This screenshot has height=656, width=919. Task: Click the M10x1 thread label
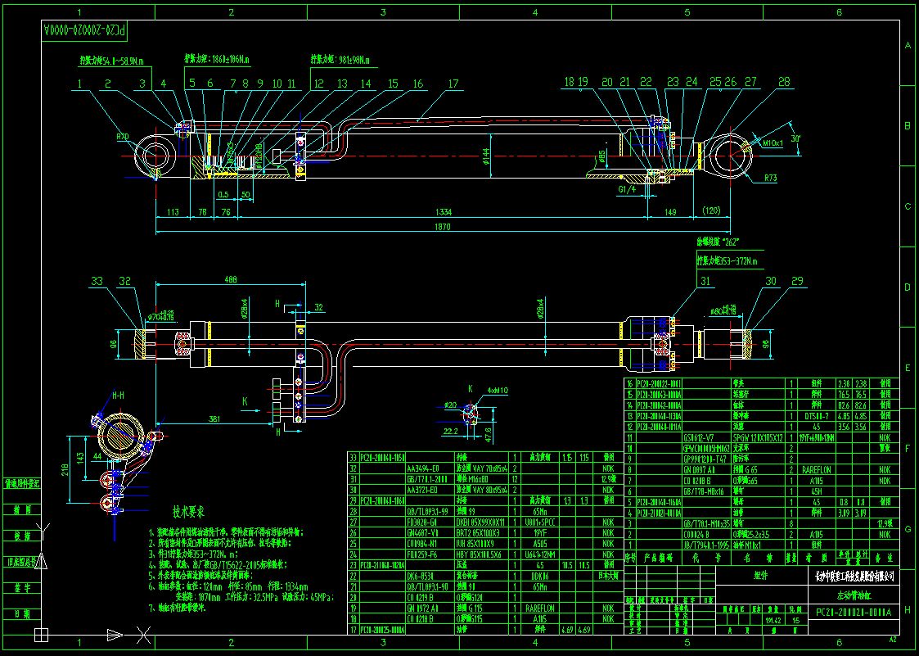[x=774, y=143]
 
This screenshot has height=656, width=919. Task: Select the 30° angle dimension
[x=795, y=138]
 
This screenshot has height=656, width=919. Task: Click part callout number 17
[x=453, y=84]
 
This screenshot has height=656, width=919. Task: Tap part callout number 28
[x=784, y=82]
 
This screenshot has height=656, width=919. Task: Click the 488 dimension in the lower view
[x=231, y=279]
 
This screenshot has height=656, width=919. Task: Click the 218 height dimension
[x=65, y=469]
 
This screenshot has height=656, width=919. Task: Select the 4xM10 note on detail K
[x=497, y=391]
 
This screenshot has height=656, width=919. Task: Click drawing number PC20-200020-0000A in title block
[x=853, y=612]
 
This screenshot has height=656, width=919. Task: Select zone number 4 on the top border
[x=535, y=12]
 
